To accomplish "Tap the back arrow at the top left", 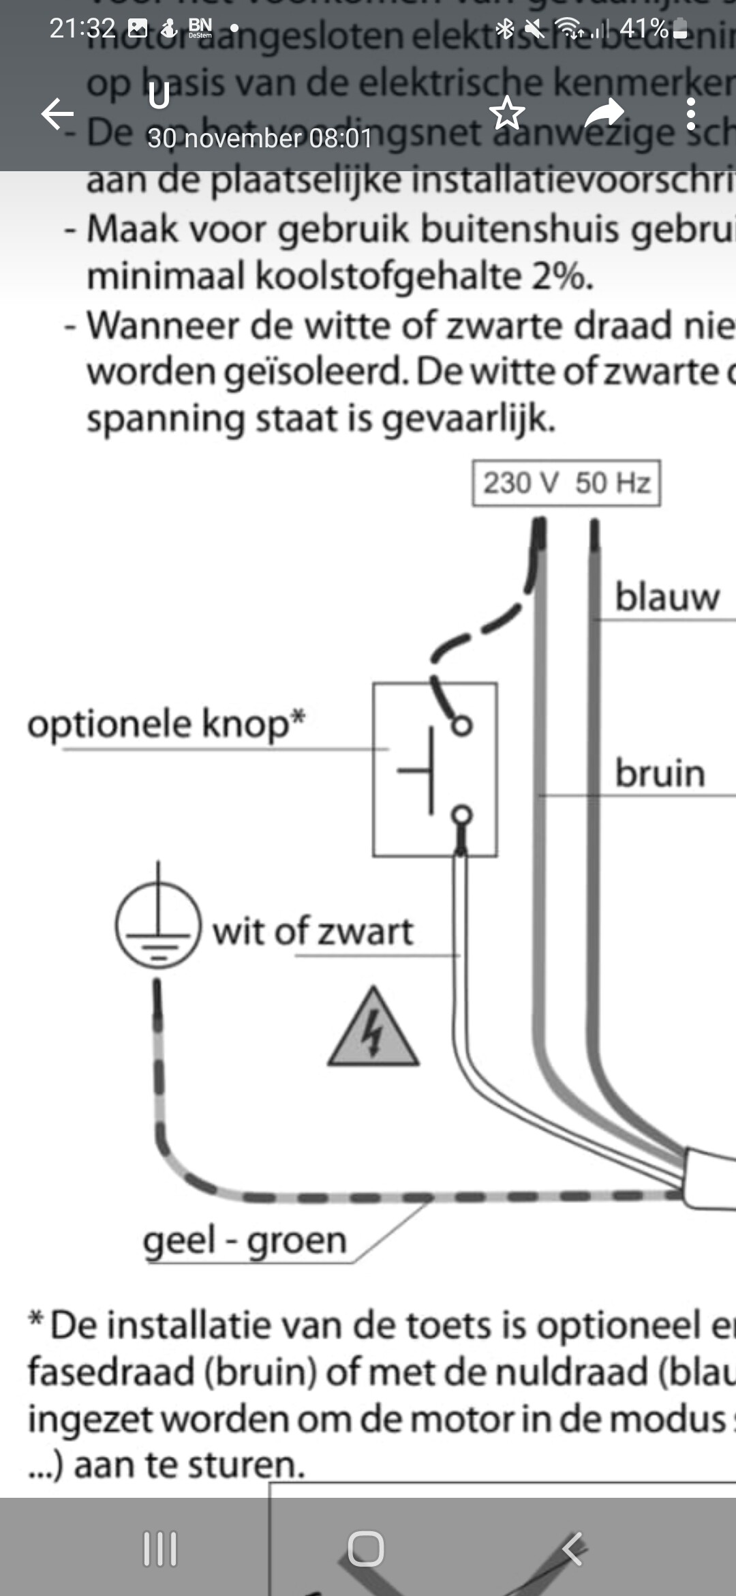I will click(58, 113).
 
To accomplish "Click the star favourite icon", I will click(507, 113).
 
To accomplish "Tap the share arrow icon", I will click(604, 113).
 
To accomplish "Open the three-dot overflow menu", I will click(690, 113).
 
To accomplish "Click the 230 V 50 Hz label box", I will click(566, 483).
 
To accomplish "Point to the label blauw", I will click(666, 597).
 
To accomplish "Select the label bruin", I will click(660, 773).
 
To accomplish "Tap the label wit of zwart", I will click(313, 931).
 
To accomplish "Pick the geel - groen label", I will click(245, 1240).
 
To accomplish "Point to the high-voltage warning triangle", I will click(373, 1031).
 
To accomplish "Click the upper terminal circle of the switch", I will click(462, 726).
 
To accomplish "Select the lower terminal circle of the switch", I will click(462, 814).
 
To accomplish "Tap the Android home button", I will click(366, 1548).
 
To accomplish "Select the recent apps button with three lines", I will click(160, 1548).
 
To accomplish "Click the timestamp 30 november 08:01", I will click(260, 138).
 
